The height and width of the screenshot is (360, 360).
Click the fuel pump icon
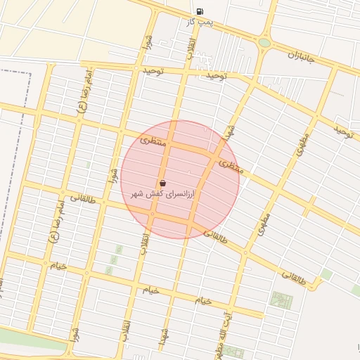tap(200, 11)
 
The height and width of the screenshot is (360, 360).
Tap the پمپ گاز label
tap(200, 23)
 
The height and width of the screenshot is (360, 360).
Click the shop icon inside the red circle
tap(162, 184)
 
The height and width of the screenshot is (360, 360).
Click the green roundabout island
tap(264, 43)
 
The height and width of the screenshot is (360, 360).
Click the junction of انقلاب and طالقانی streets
tap(152, 214)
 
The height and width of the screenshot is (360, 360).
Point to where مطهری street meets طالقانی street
tap(245, 252)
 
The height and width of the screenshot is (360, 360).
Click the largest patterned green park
tap(282, 301)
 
